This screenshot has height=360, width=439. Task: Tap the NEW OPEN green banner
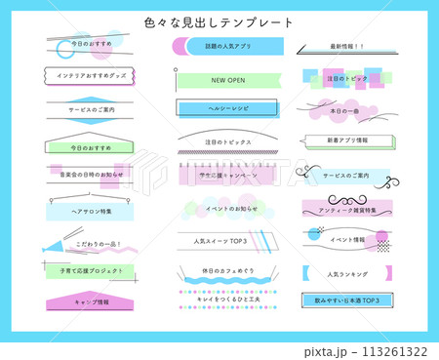227,79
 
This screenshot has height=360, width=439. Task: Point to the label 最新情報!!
346,46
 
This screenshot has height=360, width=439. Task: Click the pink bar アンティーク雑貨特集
346,209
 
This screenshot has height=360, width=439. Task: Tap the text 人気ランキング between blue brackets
346,274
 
